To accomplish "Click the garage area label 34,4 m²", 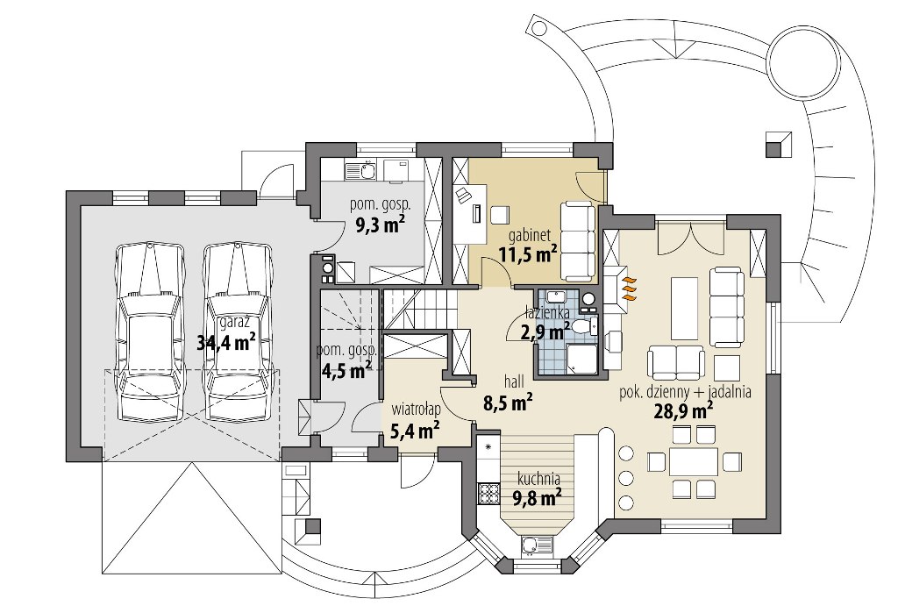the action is tap(226, 343).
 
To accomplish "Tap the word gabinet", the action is tap(530, 234).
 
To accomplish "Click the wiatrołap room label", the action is tap(415, 410).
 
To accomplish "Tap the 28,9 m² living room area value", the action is tap(684, 412).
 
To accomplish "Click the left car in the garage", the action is tap(149, 332).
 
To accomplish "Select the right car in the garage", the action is tap(238, 332).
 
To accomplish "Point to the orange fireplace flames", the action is tap(630, 289).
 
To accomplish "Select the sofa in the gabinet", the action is tap(577, 241).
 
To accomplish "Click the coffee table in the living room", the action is tap(683, 309).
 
